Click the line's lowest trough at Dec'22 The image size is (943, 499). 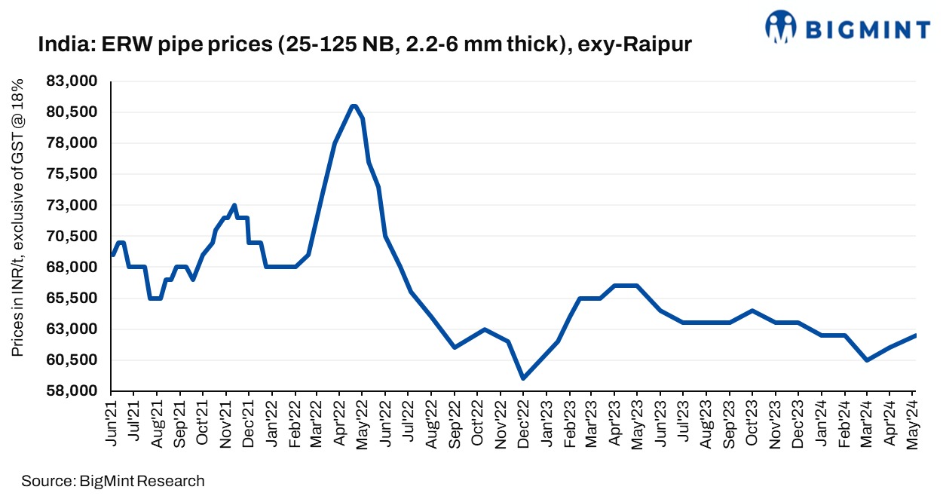click(523, 378)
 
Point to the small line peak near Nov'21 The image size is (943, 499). click(234, 205)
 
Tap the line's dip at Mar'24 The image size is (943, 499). click(867, 360)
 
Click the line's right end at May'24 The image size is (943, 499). click(915, 335)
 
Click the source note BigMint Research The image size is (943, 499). click(113, 480)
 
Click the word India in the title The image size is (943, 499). click(60, 46)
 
